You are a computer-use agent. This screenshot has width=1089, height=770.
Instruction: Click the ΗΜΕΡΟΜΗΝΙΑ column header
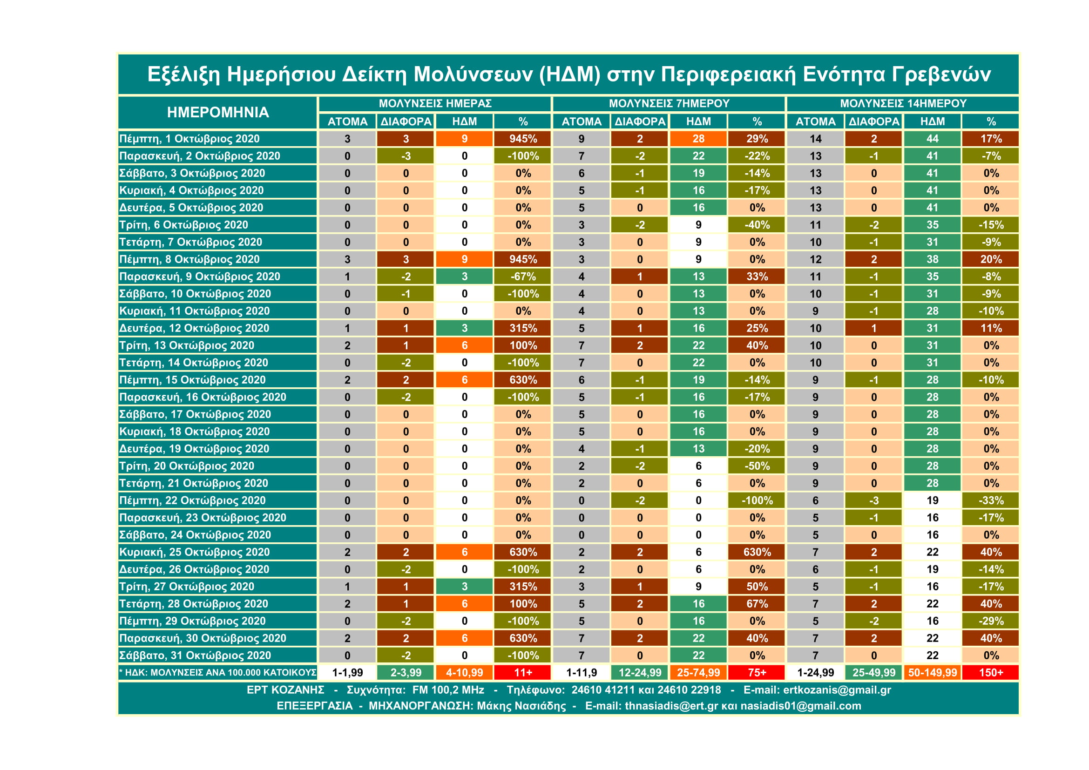tap(218, 112)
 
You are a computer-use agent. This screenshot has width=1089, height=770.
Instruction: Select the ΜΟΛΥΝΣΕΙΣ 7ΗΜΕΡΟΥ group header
tap(669, 103)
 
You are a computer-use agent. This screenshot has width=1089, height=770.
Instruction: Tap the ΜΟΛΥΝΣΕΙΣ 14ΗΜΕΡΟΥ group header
tap(903, 103)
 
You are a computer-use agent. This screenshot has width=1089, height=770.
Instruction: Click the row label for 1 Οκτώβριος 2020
tap(189, 139)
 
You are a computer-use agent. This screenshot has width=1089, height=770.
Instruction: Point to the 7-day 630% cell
tap(757, 552)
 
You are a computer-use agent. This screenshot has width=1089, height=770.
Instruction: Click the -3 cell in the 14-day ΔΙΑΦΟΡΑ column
tap(873, 500)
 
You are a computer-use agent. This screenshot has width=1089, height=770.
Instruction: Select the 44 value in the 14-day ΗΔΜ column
tap(933, 139)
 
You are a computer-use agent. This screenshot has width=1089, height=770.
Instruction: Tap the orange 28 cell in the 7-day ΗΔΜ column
tap(698, 139)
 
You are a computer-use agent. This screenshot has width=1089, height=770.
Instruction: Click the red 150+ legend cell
tap(991, 672)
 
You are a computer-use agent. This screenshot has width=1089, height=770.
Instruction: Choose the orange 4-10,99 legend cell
tap(464, 672)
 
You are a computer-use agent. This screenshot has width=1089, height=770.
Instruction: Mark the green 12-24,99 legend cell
tap(640, 672)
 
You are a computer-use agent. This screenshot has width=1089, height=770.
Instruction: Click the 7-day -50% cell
tap(757, 466)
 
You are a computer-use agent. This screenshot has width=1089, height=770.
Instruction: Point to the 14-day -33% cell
tap(991, 500)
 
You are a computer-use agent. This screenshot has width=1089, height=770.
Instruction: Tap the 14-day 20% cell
tap(991, 259)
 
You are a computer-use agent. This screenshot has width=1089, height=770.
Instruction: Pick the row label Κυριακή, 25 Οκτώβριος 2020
tap(195, 552)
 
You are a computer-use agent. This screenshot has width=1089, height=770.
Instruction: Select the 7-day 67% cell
tap(757, 604)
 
